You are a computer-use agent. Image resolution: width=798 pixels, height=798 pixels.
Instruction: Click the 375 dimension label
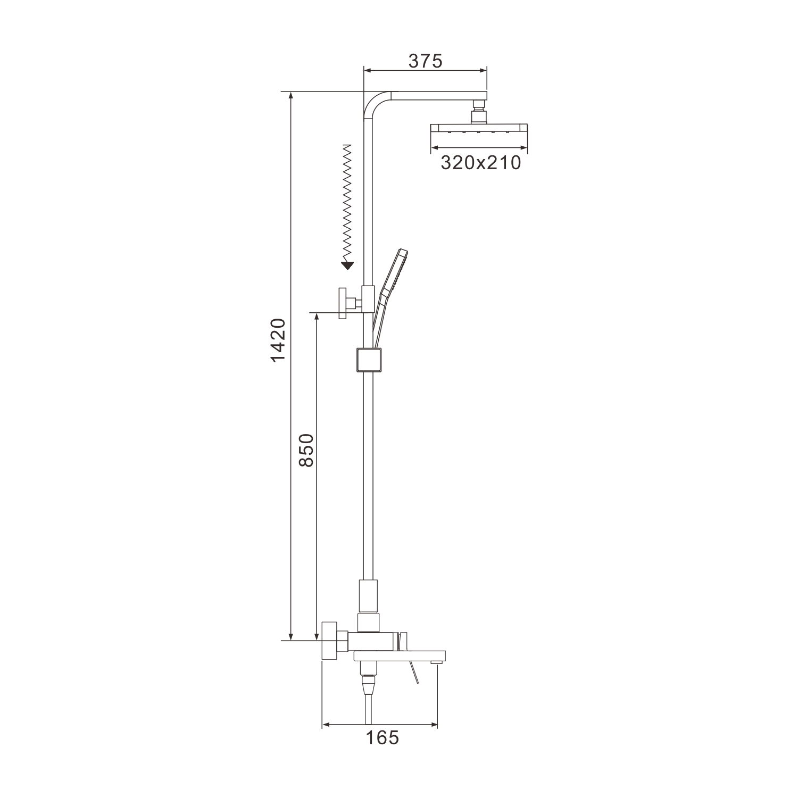click(425, 61)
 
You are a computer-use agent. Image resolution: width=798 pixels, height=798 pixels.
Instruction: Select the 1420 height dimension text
click(278, 340)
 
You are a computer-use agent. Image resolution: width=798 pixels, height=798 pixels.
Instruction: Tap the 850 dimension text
click(307, 450)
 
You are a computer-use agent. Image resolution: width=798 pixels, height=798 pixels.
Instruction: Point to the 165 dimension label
click(383, 738)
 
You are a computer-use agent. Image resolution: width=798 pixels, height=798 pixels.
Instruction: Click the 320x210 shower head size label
click(481, 163)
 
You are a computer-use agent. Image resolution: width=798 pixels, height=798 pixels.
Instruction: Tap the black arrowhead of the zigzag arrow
click(347, 265)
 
